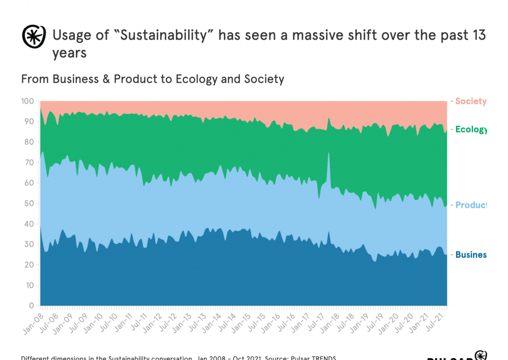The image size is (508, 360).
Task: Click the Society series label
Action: point(470,101)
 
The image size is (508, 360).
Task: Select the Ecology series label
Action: point(471,130)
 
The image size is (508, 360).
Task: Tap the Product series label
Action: point(471,205)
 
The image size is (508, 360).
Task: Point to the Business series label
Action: point(471,255)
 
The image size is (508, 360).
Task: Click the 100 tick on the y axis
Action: point(27,101)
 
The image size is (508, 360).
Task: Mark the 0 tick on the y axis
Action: point(31,305)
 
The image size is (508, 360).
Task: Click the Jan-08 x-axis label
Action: point(32,320)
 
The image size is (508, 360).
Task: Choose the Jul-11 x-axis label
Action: point(137,320)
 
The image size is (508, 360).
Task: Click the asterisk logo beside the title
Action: point(33,36)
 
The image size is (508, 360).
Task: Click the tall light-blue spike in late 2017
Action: point(328,164)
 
